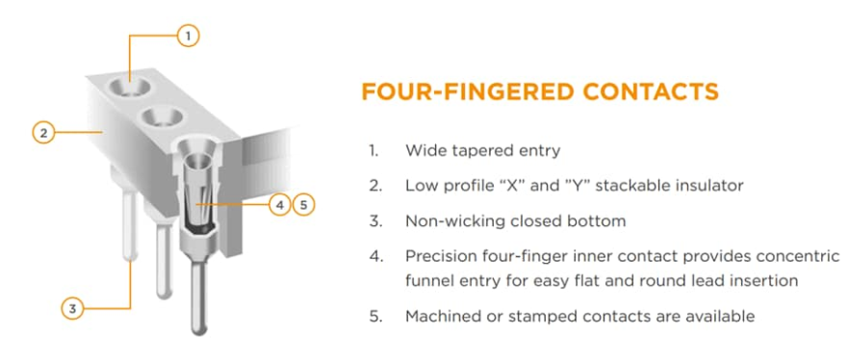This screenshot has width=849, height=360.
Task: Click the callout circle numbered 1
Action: point(188,37)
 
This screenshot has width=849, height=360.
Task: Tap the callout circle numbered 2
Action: point(44,132)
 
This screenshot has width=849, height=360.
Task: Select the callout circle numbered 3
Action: point(72,309)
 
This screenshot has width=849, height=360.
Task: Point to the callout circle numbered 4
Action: point(279,205)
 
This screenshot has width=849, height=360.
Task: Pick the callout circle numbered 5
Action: point(303,205)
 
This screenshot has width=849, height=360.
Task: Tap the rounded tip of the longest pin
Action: point(199,328)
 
